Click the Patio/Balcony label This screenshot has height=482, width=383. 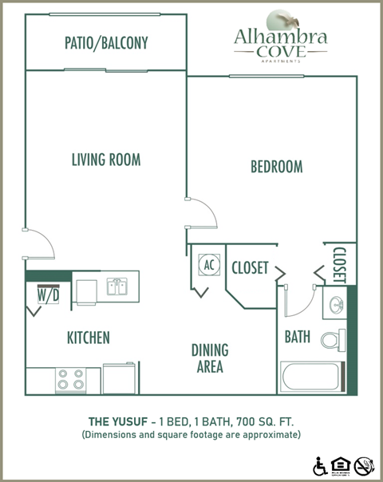click(x=106, y=43)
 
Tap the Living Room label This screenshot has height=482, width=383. click(x=105, y=160)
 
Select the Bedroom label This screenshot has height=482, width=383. click(x=276, y=167)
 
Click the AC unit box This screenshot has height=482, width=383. click(x=209, y=265)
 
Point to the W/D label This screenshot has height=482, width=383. click(x=48, y=294)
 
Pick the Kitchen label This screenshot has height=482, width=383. click(x=88, y=338)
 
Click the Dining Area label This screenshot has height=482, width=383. click(x=209, y=358)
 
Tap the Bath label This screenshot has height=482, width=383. click(x=298, y=337)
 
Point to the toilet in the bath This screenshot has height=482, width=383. click(x=333, y=339)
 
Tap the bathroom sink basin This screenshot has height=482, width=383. click(x=334, y=306)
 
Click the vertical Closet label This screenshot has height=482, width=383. click(x=338, y=264)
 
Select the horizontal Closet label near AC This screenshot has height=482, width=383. click(x=250, y=268)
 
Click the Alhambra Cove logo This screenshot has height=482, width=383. click(x=280, y=34)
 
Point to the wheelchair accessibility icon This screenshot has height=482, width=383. click(x=321, y=464)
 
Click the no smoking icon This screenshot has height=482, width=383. click(x=364, y=464)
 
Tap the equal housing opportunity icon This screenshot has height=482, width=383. click(x=342, y=464)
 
